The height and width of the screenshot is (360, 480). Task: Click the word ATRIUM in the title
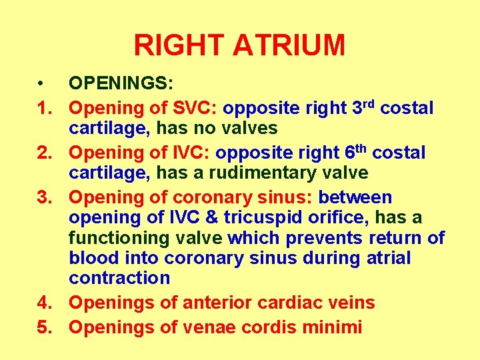289,45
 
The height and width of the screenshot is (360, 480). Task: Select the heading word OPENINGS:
121,84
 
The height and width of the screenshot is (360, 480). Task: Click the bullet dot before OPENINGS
41,84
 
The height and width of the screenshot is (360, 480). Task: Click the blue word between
355,197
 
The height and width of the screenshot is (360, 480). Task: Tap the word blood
93,257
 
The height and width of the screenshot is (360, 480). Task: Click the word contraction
119,277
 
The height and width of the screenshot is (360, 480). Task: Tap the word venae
221,327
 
